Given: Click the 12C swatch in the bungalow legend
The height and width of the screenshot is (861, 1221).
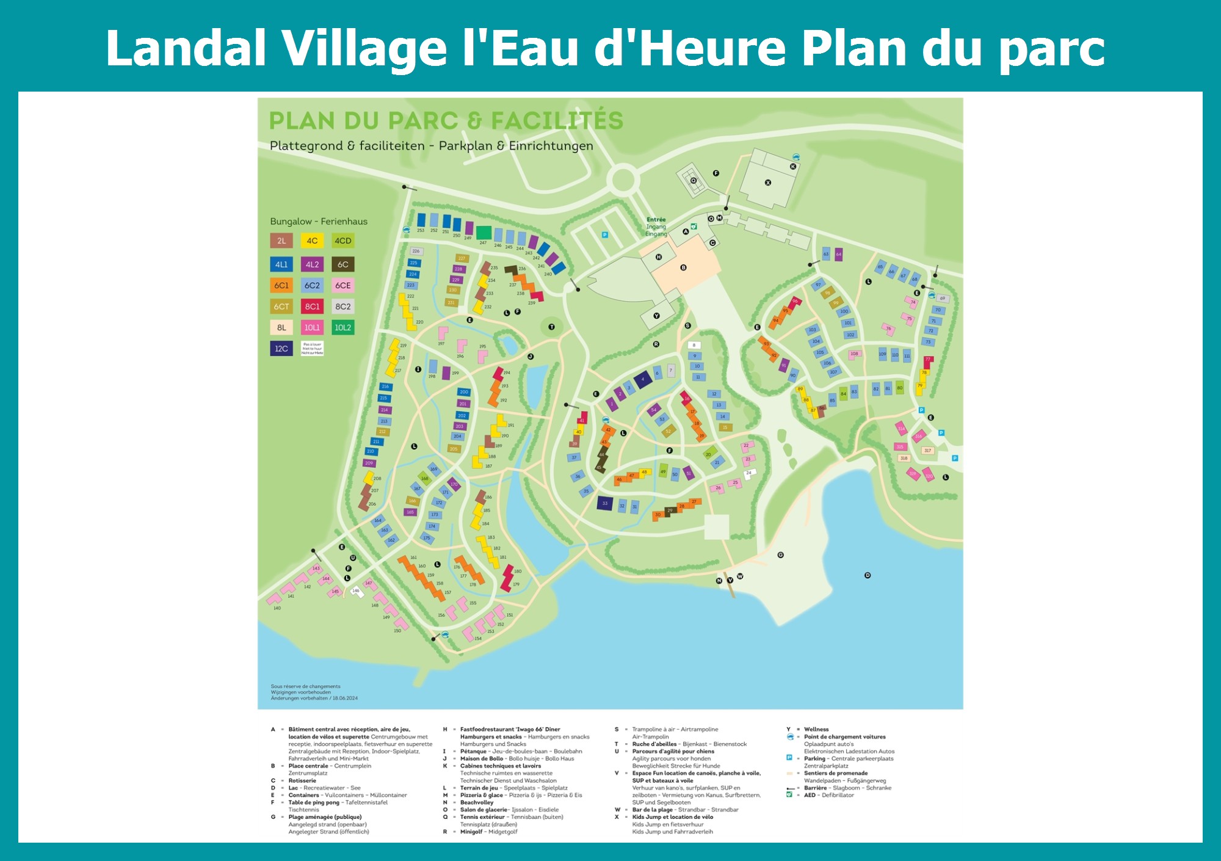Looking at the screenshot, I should pos(281,349).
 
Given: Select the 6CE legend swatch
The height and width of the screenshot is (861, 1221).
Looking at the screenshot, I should pos(343,285).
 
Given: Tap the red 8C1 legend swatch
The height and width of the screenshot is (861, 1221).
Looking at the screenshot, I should pos(312,307).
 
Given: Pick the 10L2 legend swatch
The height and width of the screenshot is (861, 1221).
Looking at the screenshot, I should pos(343,327).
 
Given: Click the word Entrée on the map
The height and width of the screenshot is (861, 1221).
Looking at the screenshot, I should pos(656,220).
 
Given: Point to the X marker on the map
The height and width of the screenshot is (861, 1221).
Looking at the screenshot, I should pos(768,183).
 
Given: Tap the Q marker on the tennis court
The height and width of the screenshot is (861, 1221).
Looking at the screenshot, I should pos(694,180).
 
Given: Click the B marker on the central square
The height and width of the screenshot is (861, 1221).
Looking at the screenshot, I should pos(683,267).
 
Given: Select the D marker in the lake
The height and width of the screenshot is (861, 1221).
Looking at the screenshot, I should pos(868,575).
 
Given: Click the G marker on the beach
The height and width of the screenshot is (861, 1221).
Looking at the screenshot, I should pos(780,555).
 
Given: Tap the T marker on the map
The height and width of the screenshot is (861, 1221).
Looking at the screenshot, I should pos(551,327).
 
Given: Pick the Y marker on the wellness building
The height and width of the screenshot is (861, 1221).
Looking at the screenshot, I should pos(656,316).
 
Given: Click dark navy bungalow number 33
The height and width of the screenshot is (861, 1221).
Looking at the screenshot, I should pos(605,503).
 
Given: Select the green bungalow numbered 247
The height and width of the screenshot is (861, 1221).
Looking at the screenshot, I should pos(484,233).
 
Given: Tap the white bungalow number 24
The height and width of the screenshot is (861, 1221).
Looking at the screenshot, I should pos(749,473).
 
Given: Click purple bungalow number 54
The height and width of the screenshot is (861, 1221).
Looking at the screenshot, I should pos(654,409).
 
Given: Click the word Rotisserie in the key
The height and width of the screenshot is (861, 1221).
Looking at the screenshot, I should pos(302,780).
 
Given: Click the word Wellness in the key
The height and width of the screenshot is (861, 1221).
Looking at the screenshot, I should pos(816,729).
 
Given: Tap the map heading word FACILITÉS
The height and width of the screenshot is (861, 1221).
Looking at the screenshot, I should pos(557,121).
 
